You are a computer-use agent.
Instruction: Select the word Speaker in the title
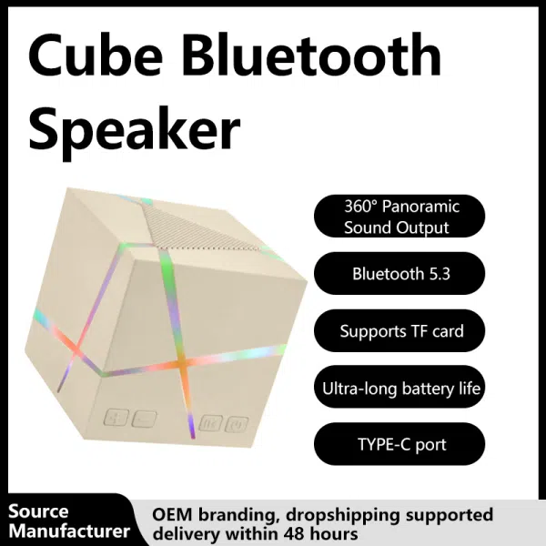tap(135, 130)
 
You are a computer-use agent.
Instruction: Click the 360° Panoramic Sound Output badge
tap(400, 217)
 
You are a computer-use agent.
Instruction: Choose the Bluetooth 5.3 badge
tap(400, 273)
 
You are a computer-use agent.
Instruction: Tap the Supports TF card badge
tap(400, 331)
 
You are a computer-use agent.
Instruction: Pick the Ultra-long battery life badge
tap(400, 389)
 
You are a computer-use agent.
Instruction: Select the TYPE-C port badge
tap(400, 445)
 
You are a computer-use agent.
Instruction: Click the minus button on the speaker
tap(144, 420)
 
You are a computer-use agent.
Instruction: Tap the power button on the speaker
tap(238, 423)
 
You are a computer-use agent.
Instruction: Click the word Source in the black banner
tap(38, 511)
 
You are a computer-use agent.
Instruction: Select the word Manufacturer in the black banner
tap(68, 531)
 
